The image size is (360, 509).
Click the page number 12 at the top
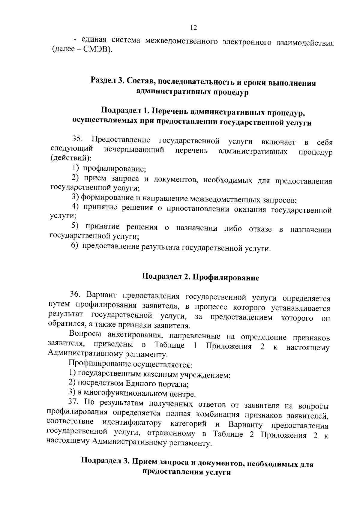point(193,28)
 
